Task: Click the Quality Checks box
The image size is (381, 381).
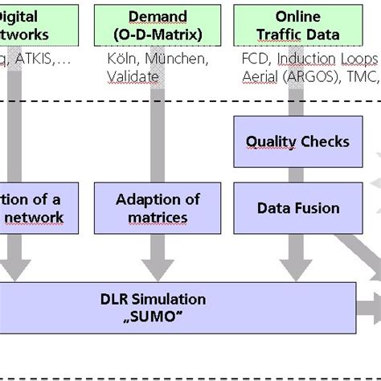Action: tap(297, 141)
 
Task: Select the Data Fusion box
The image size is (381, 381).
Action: tap(297, 208)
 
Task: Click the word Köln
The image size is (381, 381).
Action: tap(121, 59)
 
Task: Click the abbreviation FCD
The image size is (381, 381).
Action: tap(255, 59)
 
